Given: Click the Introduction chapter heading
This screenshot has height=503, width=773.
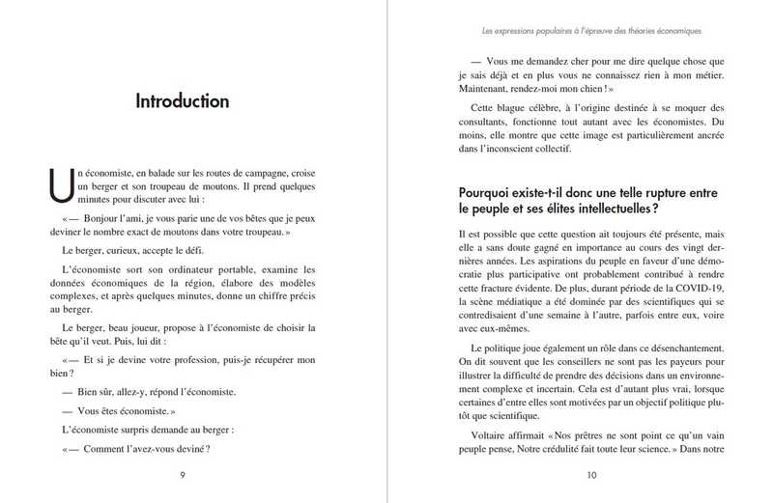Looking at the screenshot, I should click(x=182, y=100).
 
